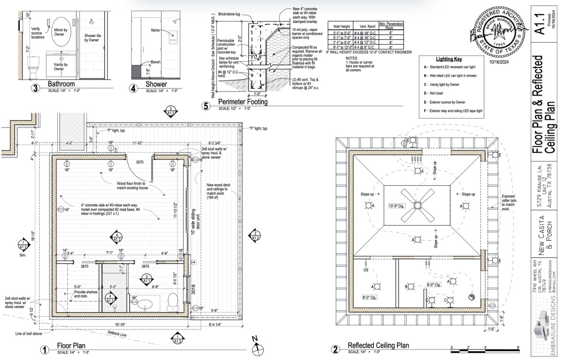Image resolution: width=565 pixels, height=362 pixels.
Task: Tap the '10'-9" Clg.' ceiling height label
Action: click(396, 206)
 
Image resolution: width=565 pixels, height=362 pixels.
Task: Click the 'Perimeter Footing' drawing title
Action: click(243, 102)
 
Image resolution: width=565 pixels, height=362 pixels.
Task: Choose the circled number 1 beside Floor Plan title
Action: click(45, 349)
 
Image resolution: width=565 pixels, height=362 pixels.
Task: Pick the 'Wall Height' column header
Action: click(340, 26)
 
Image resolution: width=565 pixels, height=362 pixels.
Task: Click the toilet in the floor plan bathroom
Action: click(173, 301)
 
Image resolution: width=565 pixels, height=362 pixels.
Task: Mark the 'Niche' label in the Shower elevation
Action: click(156, 30)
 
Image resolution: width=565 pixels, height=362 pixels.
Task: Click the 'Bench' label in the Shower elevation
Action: click(155, 62)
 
